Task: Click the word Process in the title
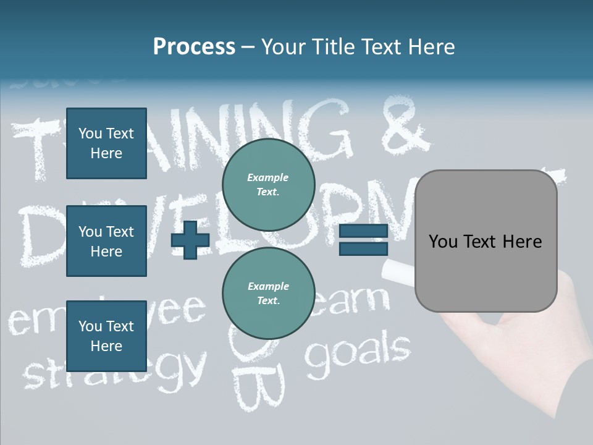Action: coord(194,47)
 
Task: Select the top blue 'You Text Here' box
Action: coord(106,143)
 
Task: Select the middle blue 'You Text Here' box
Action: coord(106,241)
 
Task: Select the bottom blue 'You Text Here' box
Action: coord(106,336)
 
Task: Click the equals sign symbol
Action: coord(363,240)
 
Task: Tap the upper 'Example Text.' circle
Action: coord(268,185)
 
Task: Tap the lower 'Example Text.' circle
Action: coord(268,294)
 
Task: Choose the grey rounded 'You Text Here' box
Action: coord(486,241)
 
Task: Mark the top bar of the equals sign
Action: coord(363,232)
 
